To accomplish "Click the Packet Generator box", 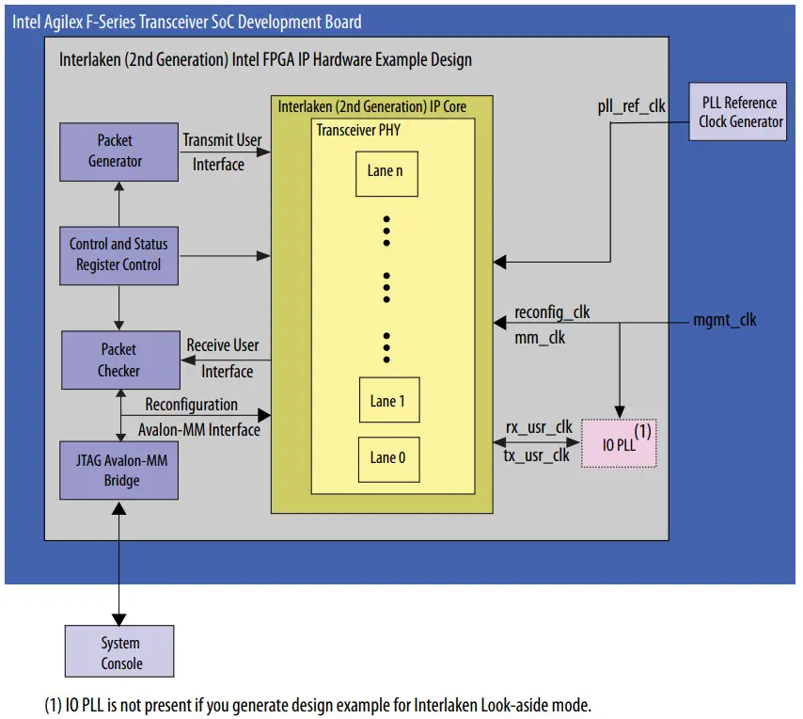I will point(118,152).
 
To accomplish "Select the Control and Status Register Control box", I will point(118,254).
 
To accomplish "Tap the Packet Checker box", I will point(118,359).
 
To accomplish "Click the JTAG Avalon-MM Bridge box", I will point(118,470).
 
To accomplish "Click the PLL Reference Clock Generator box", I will point(740,112).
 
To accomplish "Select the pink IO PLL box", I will point(619,442).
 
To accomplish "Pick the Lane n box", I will point(386,172).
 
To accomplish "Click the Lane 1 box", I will point(386,401).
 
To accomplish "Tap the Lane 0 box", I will point(386,458).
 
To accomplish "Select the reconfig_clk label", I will point(552,312).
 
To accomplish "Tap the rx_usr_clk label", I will point(539,427).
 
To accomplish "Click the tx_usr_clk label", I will point(538,455).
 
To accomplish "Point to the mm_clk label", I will point(540,337).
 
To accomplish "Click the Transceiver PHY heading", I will point(358,129).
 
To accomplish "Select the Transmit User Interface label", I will point(221,152).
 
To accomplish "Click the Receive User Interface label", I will point(223,358).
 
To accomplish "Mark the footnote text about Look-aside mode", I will point(318,705).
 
